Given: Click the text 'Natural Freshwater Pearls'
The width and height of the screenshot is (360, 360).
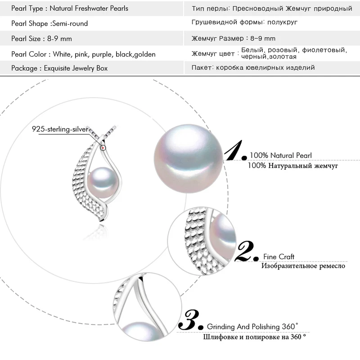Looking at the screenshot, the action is (x=89, y=9).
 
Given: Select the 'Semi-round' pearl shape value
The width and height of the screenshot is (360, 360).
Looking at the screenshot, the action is (x=70, y=23).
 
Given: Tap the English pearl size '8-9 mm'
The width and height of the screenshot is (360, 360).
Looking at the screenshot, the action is (x=59, y=39).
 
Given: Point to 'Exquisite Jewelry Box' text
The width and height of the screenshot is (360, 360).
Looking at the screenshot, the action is (x=76, y=68).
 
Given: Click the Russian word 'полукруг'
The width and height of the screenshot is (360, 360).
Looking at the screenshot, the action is (x=283, y=22).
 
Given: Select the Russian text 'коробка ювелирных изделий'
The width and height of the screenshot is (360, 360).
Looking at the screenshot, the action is (x=265, y=67).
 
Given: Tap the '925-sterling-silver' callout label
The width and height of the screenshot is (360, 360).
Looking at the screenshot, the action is (x=60, y=129).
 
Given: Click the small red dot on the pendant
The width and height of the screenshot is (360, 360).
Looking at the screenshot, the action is (x=103, y=148).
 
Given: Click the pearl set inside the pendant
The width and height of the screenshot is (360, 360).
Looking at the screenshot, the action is (x=103, y=183).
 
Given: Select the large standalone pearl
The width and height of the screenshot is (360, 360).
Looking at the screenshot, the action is (x=188, y=159).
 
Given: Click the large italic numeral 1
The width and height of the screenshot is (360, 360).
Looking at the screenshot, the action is (x=234, y=150).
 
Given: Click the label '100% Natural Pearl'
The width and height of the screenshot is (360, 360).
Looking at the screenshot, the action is (x=280, y=155).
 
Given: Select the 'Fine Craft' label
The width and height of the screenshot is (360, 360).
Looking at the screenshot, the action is (x=279, y=256).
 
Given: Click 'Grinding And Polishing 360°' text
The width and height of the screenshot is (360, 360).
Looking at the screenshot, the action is (x=252, y=326).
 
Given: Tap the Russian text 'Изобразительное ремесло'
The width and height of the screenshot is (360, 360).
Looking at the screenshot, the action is (x=303, y=266).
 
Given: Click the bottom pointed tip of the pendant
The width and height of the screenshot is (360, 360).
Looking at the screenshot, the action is (x=101, y=221).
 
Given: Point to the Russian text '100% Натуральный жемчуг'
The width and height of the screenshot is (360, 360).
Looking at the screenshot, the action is (x=293, y=166).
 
